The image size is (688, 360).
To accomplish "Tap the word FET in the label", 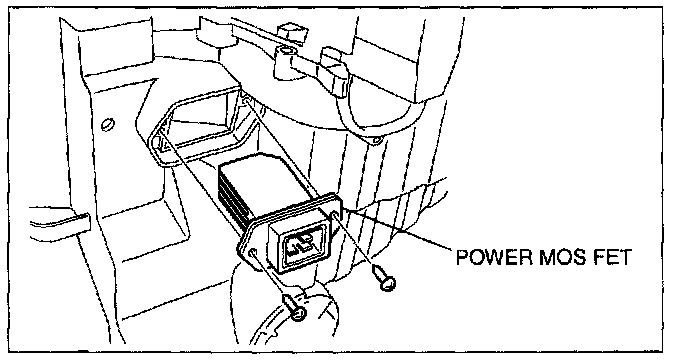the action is (x=613, y=257).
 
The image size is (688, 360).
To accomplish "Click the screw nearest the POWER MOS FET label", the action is (x=383, y=277).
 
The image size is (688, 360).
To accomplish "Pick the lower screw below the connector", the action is (x=295, y=307).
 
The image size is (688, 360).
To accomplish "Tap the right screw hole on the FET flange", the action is (x=336, y=215).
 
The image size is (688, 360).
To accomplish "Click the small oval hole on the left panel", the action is (x=107, y=124).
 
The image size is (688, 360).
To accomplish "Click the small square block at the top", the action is (x=291, y=33).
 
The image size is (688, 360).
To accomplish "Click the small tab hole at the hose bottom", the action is (x=376, y=140).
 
